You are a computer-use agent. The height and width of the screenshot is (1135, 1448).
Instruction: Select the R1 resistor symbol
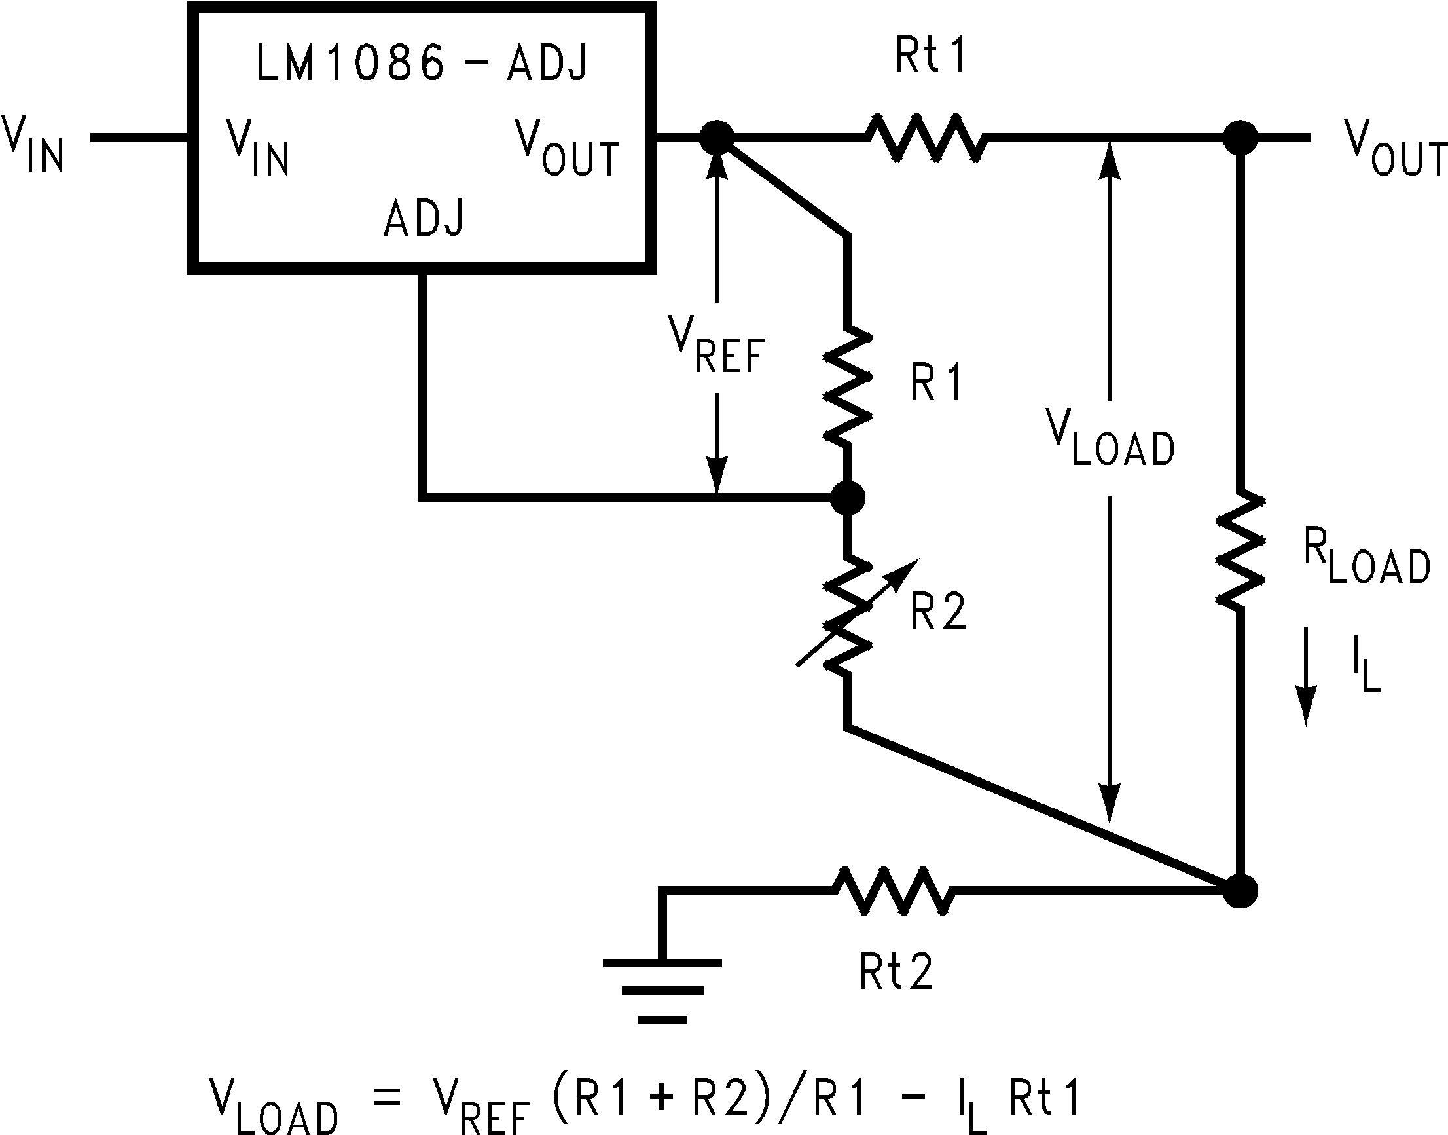(848, 385)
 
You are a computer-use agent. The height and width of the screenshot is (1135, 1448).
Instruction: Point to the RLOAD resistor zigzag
(1239, 549)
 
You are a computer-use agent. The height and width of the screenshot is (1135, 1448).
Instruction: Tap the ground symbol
(662, 990)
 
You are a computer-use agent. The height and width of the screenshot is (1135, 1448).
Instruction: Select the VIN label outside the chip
(33, 143)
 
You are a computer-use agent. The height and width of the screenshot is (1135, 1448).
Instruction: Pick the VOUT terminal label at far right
(1395, 149)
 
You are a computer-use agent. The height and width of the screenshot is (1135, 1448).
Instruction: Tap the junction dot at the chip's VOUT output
(717, 138)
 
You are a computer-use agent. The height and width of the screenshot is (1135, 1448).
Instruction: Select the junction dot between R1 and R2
(848, 497)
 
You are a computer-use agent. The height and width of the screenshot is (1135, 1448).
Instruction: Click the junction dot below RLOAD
(1239, 891)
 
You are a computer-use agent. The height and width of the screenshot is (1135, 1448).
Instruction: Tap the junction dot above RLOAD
(1239, 138)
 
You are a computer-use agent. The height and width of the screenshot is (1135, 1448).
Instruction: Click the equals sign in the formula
(388, 1097)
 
